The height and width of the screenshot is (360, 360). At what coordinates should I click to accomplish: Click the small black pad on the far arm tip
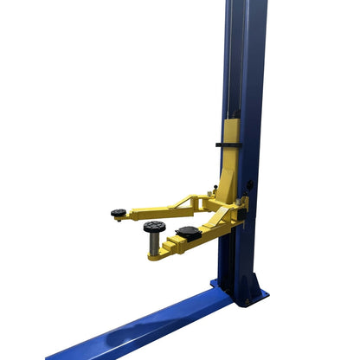pyautogui.click(x=119, y=212)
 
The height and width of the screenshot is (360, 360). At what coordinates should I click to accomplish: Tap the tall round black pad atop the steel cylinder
pyautogui.click(x=155, y=226)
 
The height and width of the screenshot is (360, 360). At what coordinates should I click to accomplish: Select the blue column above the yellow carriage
pyautogui.click(x=245, y=61)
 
